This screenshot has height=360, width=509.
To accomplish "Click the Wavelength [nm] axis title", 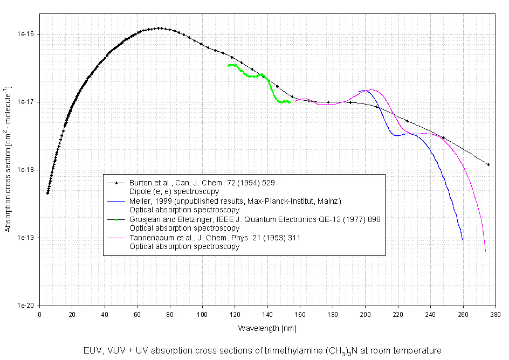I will [267, 328].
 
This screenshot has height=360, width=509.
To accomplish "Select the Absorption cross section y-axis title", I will [8, 160].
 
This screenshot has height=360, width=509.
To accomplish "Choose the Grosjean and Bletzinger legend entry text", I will [256, 219].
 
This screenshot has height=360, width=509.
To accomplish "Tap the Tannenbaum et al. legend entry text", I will [215, 238].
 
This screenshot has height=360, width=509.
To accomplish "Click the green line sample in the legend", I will [117, 219].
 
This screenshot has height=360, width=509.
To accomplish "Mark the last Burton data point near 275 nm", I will [488, 164].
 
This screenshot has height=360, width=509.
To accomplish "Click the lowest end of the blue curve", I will [463, 239].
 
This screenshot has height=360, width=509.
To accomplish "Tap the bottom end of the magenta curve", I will [485, 251].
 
